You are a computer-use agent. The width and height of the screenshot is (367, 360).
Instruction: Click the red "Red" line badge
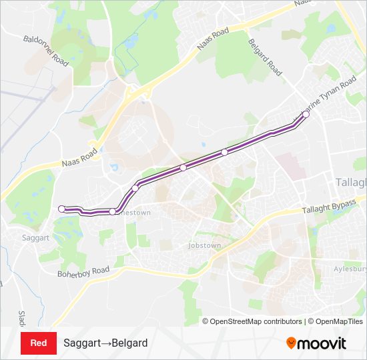coord(39,343)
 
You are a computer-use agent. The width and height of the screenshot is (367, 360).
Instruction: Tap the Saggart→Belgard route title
coord(105,343)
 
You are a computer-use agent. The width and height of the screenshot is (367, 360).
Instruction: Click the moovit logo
coord(316,343)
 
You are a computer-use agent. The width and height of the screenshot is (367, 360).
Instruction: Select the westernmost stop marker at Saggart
coord(62,209)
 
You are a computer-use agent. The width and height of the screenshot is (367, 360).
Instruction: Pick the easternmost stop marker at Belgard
coord(306,115)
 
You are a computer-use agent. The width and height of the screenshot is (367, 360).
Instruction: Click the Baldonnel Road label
coord(46,50)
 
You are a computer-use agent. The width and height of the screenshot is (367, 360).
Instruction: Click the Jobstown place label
coord(204,245)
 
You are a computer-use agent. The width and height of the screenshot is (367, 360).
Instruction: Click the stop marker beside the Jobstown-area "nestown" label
coord(113,212)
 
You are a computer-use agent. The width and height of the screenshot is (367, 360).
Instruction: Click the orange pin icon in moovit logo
coord(291,343)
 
